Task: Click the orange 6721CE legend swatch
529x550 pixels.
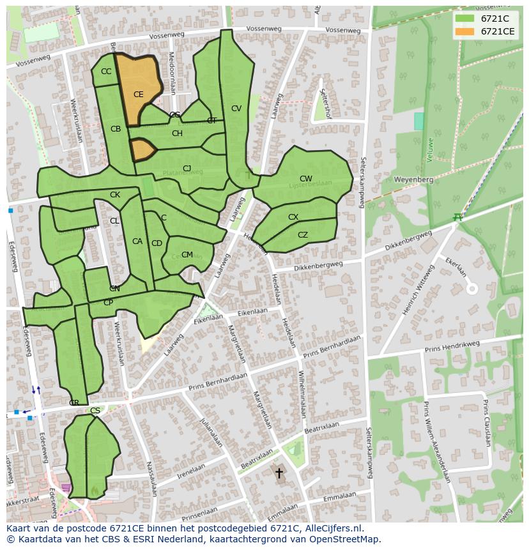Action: coord(464,31)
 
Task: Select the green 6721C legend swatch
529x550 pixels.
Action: coord(464,19)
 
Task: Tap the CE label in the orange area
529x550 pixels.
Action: coord(138,95)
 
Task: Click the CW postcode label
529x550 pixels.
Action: coord(305,179)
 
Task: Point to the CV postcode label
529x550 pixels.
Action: coord(236,109)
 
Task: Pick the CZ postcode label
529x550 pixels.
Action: coord(303,235)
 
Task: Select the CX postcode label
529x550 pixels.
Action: coord(293,217)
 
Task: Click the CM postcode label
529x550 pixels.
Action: coord(187,254)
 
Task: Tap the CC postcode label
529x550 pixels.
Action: coord(106,72)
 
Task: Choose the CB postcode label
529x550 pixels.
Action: coord(116,129)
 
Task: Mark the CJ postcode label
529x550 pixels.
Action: coord(187,169)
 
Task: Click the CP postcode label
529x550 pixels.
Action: coord(108,303)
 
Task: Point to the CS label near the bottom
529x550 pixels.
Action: coord(95,411)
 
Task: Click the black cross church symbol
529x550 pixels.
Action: coord(279,473)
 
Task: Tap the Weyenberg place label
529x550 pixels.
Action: coord(413,180)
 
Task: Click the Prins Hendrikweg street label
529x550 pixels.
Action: coord(452,346)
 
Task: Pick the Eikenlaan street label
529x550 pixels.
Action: coord(252,312)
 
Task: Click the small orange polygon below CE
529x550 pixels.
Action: coord(142,149)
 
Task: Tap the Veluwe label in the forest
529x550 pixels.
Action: coord(430,149)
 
